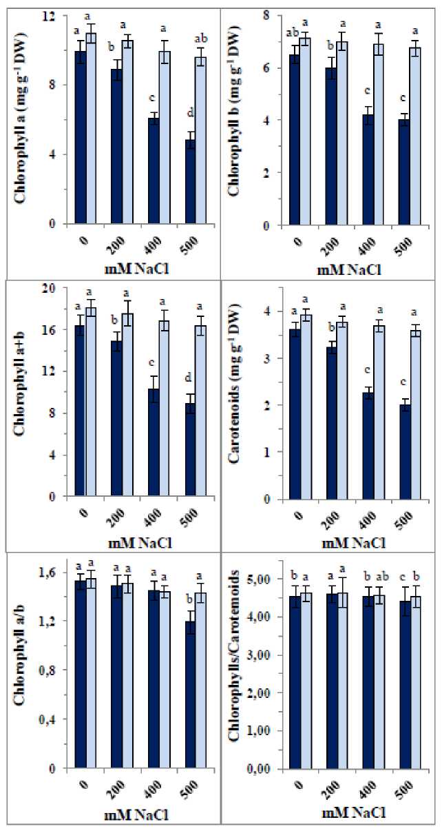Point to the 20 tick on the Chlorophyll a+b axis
[x=59, y=288]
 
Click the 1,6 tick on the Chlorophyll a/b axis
[x=57, y=573]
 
